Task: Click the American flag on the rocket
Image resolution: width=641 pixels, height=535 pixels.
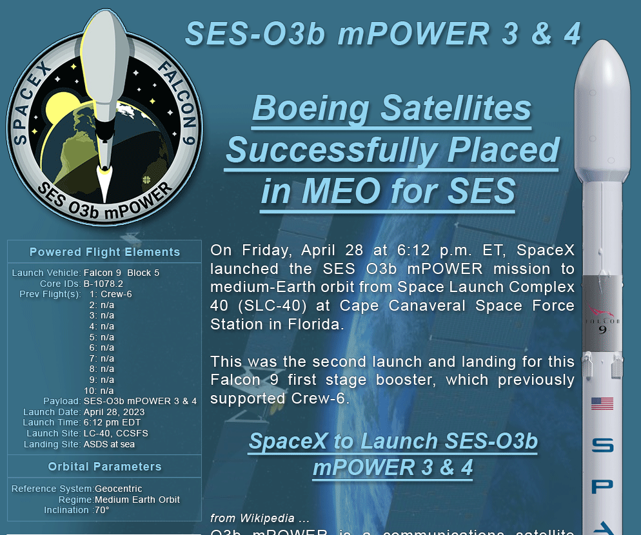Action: coord(602,404)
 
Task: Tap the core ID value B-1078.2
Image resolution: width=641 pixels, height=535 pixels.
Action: coord(103,284)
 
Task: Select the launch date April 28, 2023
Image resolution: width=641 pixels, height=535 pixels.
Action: coord(114,412)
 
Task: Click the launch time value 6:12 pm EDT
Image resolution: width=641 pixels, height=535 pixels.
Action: coord(112,423)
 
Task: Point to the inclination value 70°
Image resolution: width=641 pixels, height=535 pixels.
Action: coord(102,510)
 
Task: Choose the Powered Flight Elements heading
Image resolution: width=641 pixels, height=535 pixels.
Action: coord(104,252)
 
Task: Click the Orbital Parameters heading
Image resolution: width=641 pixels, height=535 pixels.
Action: coord(104,466)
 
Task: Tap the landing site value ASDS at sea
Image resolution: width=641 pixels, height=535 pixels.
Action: coord(109,444)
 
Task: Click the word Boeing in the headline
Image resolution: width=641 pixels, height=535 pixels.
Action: coord(310,108)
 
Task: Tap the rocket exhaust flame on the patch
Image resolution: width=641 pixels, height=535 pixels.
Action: coord(104,184)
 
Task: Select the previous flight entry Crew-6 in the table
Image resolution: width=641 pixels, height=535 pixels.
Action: coord(116,295)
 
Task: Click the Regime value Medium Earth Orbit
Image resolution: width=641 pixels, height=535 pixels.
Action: coord(137,500)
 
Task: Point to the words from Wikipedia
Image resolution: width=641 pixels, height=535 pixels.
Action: coord(251,518)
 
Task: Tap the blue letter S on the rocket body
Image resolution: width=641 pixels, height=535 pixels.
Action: coord(602,445)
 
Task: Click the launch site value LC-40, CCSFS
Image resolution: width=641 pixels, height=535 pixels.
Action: coord(115,433)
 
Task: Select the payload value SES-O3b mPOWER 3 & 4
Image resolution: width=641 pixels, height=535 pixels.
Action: coord(140,401)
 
